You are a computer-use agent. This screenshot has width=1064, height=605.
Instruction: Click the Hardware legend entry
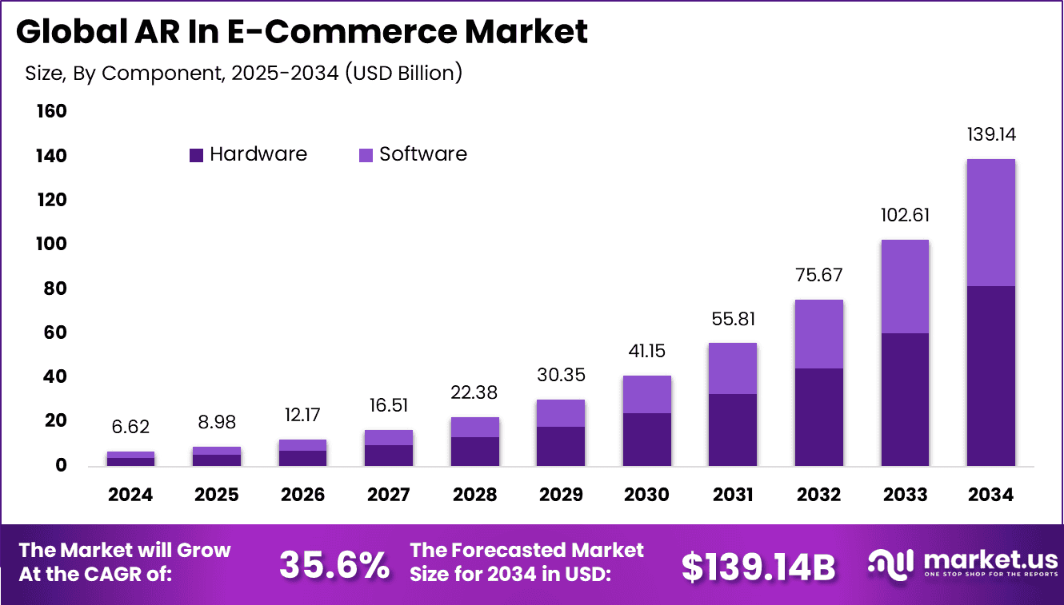(248, 154)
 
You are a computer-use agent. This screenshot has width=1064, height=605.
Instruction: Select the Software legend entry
(413, 154)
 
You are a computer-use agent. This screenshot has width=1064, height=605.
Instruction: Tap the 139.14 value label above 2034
(990, 134)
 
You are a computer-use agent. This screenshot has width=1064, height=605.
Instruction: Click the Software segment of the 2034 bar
(990, 222)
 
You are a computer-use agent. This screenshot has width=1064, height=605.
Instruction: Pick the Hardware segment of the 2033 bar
(905, 399)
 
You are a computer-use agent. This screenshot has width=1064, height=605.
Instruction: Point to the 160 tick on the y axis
(51, 111)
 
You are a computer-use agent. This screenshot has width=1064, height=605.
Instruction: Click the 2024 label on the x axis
(130, 495)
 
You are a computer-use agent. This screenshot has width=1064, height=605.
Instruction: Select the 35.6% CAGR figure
(334, 565)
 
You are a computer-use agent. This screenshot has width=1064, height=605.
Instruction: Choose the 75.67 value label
(818, 275)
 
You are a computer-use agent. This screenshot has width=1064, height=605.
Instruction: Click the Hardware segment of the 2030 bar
(646, 439)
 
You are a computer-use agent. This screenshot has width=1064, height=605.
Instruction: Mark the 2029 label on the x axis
(560, 495)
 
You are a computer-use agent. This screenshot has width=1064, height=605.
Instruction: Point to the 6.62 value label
(130, 428)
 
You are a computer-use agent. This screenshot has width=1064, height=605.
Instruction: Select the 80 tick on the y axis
(56, 289)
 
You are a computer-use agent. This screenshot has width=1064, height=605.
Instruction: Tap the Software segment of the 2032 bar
(818, 334)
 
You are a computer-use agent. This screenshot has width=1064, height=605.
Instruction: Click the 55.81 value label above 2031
(732, 319)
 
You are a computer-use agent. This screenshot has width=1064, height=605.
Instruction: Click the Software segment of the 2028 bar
(474, 427)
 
